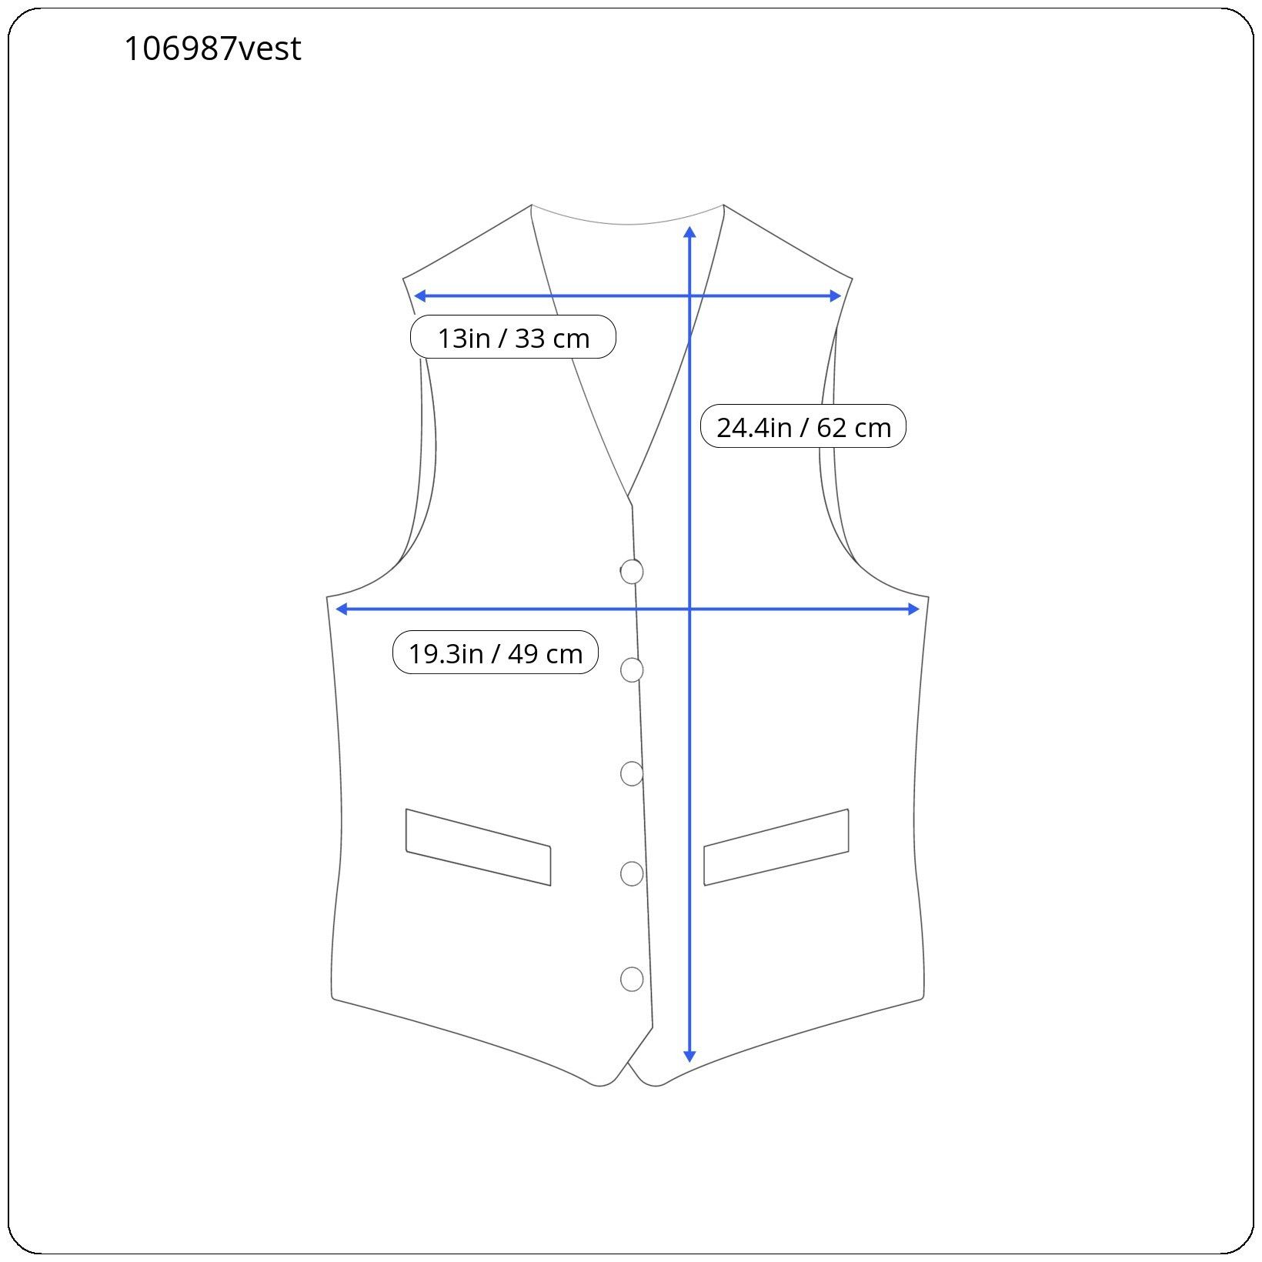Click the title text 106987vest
click(212, 48)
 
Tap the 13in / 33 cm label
click(513, 337)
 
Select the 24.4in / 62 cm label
click(803, 426)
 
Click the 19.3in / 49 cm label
click(496, 653)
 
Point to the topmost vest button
click(632, 571)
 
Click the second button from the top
click(632, 670)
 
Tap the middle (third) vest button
click(632, 773)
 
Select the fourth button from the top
click(632, 873)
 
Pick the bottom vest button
click(632, 979)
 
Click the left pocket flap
click(478, 847)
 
